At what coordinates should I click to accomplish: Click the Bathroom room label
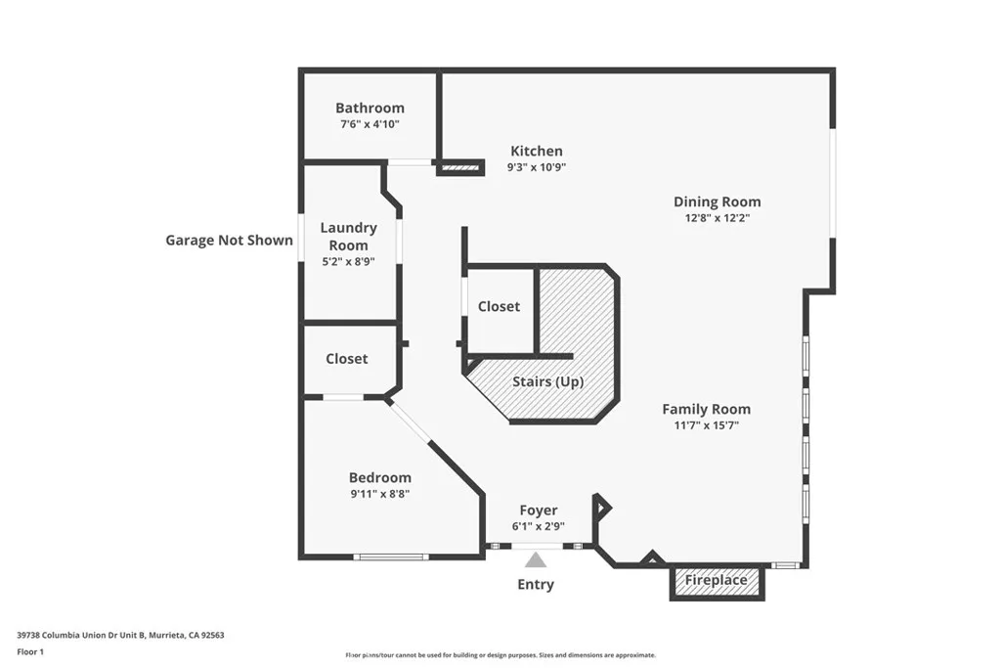pyautogui.click(x=370, y=108)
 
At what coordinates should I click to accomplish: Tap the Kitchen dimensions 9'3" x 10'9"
pyautogui.click(x=537, y=167)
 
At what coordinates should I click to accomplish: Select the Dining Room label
pyautogui.click(x=717, y=201)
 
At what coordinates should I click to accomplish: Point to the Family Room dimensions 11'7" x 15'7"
pyautogui.click(x=706, y=425)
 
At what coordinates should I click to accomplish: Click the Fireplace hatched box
pyautogui.click(x=717, y=582)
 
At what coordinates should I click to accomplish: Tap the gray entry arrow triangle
pyautogui.click(x=536, y=560)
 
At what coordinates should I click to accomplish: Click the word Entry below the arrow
pyautogui.click(x=536, y=584)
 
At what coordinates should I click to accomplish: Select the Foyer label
pyautogui.click(x=539, y=511)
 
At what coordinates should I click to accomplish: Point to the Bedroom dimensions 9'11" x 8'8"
pyautogui.click(x=380, y=494)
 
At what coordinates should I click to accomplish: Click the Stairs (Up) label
pyautogui.click(x=547, y=381)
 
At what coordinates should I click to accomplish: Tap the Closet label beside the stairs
pyautogui.click(x=499, y=306)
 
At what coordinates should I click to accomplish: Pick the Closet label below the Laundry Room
pyautogui.click(x=347, y=359)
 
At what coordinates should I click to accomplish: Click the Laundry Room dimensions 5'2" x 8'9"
pyautogui.click(x=348, y=261)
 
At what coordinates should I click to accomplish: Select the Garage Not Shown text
pyautogui.click(x=229, y=241)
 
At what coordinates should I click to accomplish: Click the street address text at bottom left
pyautogui.click(x=120, y=635)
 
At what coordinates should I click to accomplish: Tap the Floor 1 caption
pyautogui.click(x=30, y=652)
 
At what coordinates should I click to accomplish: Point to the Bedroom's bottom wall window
pyautogui.click(x=391, y=557)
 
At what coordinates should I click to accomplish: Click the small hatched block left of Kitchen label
pyautogui.click(x=460, y=168)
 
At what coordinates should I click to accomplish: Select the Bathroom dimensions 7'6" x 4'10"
pyautogui.click(x=370, y=124)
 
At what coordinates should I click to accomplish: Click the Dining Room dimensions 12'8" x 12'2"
pyautogui.click(x=717, y=218)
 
